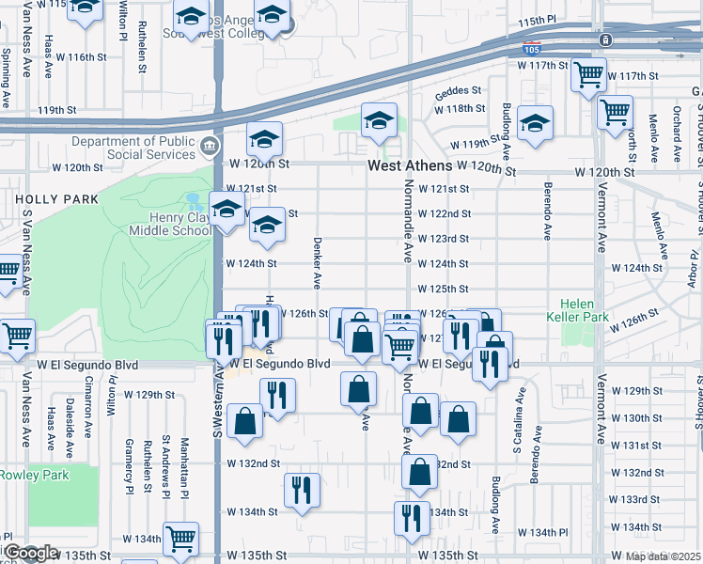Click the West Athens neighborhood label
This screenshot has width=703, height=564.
[409, 165]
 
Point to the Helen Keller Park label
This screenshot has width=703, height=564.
[589, 311]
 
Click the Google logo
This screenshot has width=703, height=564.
[30, 553]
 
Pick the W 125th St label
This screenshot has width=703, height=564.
[443, 290]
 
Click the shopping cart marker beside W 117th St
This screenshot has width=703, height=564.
[588, 74]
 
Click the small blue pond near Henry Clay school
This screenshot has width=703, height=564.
[194, 200]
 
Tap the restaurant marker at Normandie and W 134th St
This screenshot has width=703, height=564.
[411, 520]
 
